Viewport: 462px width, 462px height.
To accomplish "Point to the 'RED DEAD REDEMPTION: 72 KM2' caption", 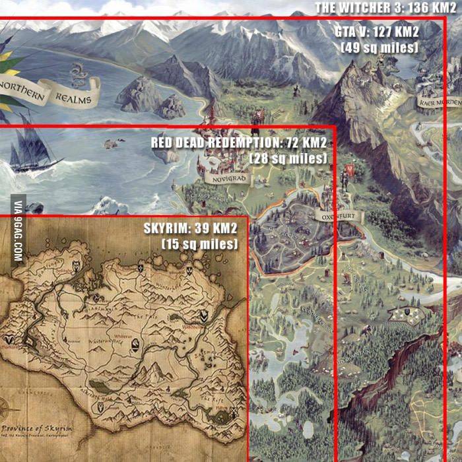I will (x=239, y=142).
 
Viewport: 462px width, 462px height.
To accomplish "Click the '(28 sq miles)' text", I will (x=288, y=158).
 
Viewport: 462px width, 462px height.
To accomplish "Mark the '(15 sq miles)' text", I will (x=199, y=244).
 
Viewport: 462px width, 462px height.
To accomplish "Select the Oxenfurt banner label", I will (x=334, y=216).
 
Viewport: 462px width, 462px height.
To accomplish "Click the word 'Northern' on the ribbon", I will (x=22, y=92).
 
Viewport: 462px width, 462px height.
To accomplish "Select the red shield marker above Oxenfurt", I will (x=349, y=170).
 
